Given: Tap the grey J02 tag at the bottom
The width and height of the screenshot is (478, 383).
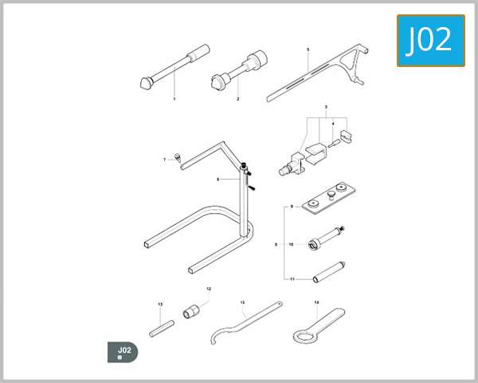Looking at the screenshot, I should tap(123, 352).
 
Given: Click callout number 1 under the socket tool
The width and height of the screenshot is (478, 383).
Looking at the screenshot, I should tap(174, 99).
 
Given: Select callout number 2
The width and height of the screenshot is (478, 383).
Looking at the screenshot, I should tap(237, 99).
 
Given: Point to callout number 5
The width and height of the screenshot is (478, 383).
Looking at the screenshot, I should tap(308, 49).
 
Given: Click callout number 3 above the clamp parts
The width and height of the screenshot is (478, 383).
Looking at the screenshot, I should tap(326, 106).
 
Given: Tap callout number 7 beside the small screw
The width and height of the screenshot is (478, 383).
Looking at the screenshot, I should tap(165, 160).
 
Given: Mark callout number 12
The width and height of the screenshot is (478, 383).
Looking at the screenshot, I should tap(209, 288).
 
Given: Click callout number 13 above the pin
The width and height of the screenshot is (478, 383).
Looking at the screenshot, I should tap(160, 304).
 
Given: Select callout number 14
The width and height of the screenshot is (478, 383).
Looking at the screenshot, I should tap(316, 302).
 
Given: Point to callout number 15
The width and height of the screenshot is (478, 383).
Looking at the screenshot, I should tap(241, 302).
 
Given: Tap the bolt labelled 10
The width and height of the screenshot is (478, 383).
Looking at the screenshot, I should tap(323, 239).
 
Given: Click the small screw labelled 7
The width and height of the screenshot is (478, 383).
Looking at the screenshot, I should tap(178, 156).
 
